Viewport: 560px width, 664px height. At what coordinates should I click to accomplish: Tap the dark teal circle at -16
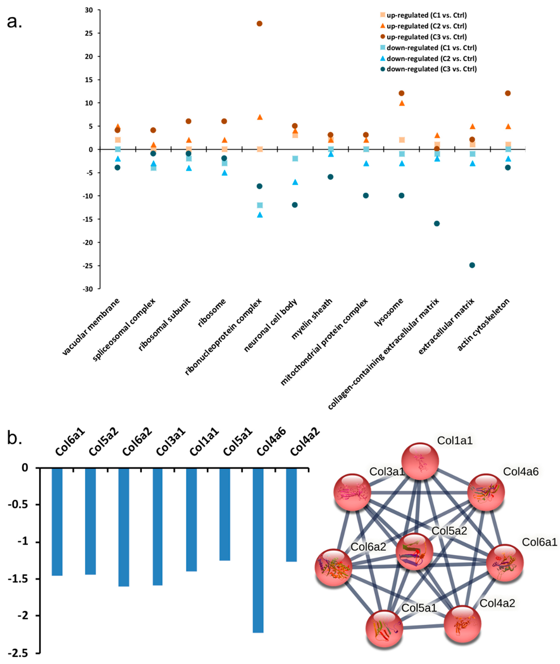click(x=437, y=224)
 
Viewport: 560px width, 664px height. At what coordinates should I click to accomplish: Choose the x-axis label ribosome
click(x=212, y=312)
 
